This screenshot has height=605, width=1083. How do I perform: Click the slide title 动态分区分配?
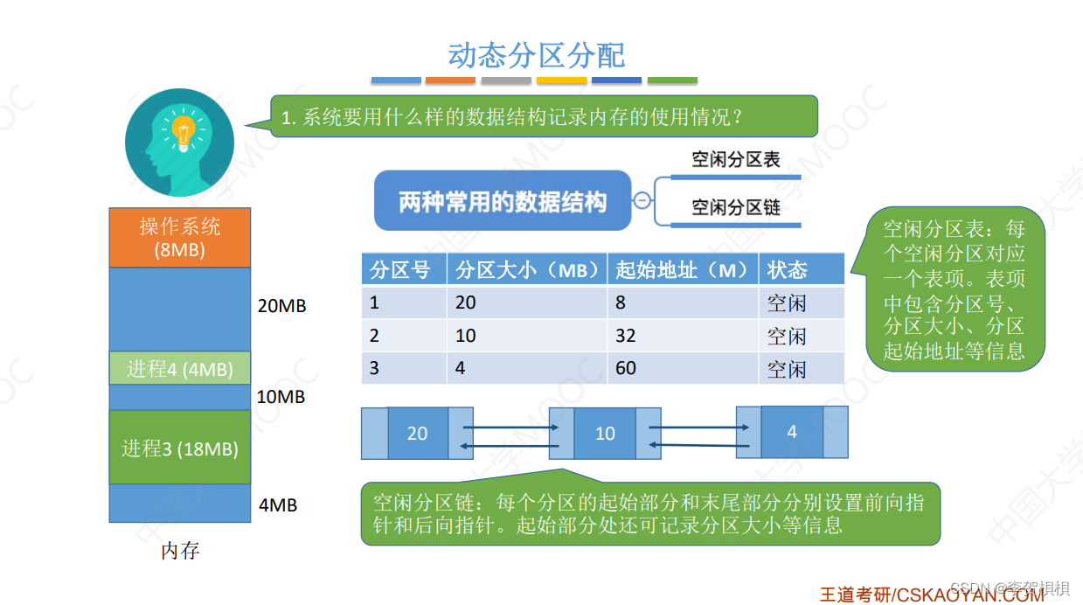tap(536, 54)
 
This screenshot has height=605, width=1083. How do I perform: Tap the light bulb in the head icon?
tap(183, 133)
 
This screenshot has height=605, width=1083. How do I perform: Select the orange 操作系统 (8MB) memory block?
tap(180, 237)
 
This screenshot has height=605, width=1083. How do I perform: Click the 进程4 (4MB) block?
tap(180, 369)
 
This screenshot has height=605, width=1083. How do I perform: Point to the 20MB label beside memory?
tap(282, 307)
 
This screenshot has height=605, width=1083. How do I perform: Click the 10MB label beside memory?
tap(281, 396)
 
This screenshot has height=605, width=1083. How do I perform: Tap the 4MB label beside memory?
tap(278, 504)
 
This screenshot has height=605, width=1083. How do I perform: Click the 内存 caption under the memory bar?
tap(180, 551)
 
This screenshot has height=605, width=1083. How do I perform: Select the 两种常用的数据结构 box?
tap(503, 202)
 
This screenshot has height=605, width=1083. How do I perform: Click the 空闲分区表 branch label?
tap(735, 159)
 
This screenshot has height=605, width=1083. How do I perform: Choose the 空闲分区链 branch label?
tap(735, 207)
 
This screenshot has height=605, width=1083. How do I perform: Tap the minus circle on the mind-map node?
tap(642, 200)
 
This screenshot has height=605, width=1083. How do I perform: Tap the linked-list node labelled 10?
tap(605, 433)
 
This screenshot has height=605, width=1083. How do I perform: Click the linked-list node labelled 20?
tap(418, 433)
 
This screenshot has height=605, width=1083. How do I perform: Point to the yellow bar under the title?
tap(561, 80)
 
